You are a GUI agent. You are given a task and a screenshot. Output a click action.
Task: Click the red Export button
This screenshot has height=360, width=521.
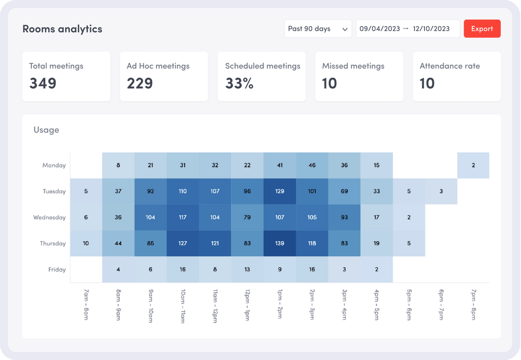(482, 29)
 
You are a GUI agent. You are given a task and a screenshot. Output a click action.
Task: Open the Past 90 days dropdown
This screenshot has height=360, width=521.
(317, 29)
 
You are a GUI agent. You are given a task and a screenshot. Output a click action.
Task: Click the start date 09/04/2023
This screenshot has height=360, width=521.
(380, 29)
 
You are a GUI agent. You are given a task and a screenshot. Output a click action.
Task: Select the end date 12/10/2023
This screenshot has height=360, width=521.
(431, 29)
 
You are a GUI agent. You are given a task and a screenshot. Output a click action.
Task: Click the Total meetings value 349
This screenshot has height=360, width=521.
(43, 83)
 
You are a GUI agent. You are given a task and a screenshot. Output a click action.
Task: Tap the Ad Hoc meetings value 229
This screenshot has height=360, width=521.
(140, 83)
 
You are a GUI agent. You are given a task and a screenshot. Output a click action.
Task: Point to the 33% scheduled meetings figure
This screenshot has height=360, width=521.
(239, 83)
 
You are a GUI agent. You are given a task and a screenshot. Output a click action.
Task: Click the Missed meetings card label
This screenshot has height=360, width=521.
(353, 66)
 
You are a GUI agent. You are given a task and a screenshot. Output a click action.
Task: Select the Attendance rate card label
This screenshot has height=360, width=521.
(450, 66)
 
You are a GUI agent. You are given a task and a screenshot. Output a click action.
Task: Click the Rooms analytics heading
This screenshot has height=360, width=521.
(62, 29)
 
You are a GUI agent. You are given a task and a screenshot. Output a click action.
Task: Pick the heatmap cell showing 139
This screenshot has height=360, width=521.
(280, 244)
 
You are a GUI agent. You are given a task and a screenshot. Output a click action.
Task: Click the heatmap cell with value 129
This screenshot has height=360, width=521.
(280, 192)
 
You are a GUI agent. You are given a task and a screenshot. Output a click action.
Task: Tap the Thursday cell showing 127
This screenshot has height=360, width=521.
(183, 244)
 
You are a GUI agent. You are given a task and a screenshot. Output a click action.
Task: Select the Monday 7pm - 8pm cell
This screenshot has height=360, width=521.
(473, 166)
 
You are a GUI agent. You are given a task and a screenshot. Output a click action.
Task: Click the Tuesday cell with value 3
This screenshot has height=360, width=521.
(441, 192)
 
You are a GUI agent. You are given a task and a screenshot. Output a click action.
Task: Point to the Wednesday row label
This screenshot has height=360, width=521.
(49, 218)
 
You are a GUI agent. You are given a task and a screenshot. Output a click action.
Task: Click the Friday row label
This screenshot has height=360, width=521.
(57, 270)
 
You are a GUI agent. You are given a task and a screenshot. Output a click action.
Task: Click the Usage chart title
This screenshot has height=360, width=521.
(46, 130)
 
